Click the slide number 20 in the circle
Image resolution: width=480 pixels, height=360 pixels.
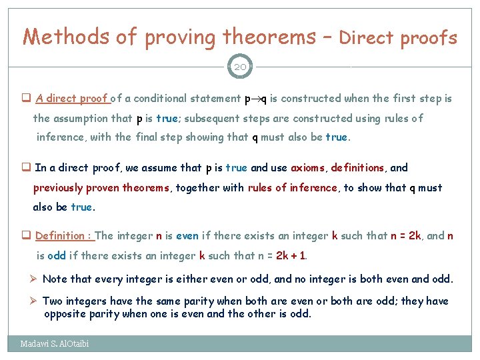click(240, 67)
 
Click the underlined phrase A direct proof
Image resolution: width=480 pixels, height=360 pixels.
click(71, 99)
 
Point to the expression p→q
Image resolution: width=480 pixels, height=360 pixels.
click(256, 99)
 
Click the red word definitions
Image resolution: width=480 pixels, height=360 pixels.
click(357, 168)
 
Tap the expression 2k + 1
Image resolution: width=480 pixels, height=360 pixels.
click(291, 255)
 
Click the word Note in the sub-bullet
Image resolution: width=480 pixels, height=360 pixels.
click(55, 279)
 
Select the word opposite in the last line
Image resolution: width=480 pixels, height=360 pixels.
click(65, 313)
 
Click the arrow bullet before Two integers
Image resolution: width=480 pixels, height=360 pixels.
click(35, 301)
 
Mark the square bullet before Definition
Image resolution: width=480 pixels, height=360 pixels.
click(27, 235)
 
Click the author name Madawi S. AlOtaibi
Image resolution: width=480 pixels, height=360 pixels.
click(54, 344)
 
